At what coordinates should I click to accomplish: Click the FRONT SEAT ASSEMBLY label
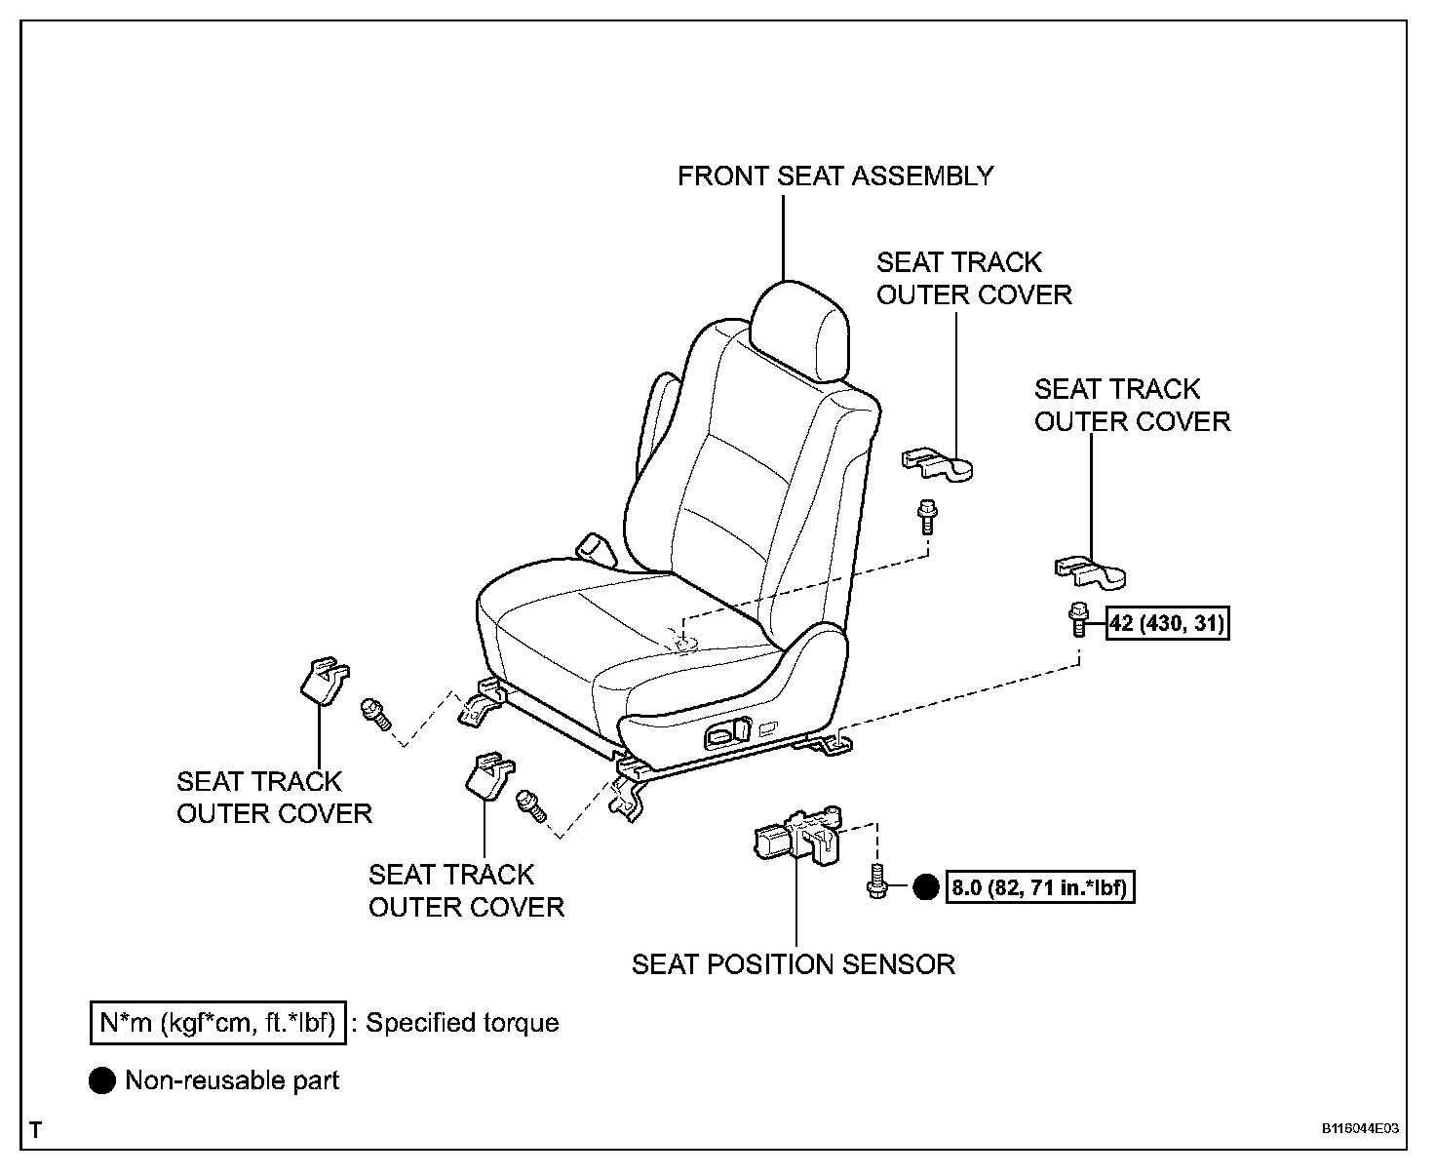[x=835, y=176]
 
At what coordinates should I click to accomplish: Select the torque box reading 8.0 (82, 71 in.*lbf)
[x=1040, y=888]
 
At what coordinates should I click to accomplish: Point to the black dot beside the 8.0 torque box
[x=925, y=888]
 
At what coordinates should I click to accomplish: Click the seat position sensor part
[x=796, y=835]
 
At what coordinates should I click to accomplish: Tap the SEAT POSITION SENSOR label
[x=793, y=964]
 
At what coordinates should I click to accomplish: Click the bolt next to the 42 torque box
[x=1078, y=619]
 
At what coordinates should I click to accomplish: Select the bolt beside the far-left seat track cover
[x=374, y=714]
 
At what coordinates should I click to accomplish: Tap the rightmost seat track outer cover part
[x=1090, y=572]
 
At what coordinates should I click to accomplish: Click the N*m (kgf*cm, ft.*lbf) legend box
[x=216, y=1023]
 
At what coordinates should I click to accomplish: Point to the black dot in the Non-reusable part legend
[x=101, y=1080]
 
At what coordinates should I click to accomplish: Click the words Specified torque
[x=462, y=1023]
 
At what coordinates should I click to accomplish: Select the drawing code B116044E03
[x=1360, y=1129]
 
